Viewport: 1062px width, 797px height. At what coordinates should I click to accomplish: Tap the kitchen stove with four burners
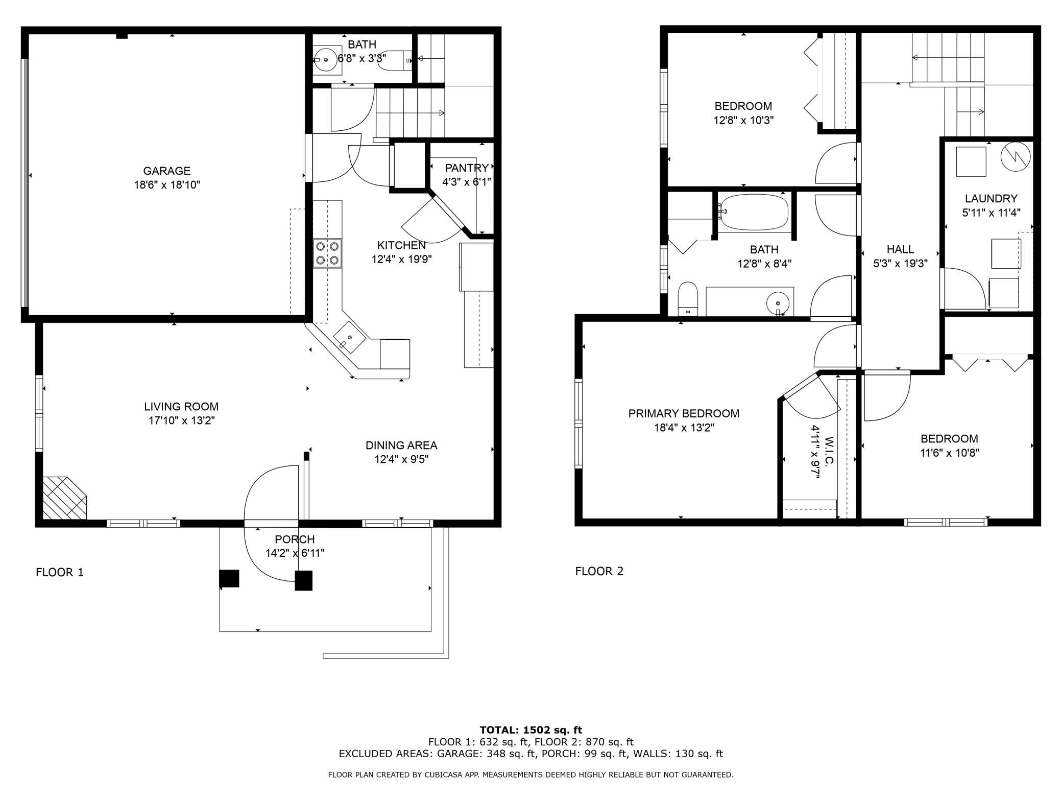pos(327,253)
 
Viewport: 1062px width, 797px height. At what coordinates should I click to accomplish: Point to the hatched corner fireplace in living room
pos(64,498)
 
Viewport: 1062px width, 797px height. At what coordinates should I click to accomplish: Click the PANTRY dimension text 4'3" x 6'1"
pos(467,182)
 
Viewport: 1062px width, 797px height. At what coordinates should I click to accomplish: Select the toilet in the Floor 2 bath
pos(688,299)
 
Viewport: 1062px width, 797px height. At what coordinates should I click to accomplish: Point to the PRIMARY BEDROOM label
pos(684,413)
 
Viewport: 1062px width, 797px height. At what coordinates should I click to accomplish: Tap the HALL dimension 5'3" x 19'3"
pos(900,264)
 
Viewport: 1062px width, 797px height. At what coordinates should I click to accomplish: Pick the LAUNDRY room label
pos(991,198)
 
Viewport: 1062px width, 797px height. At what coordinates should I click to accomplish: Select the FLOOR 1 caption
pos(60,572)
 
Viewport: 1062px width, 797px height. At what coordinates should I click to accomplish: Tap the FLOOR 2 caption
pos(599,571)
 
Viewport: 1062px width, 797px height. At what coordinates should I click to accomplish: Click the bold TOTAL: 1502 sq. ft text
pos(531,730)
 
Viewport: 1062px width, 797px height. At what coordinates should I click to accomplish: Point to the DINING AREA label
pos(401,446)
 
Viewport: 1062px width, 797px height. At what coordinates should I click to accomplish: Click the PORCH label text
pos(295,539)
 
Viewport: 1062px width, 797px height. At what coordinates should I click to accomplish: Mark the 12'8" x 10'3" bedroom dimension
pos(743,121)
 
